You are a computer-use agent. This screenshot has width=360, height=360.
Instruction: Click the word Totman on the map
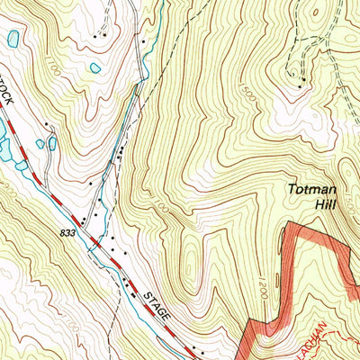310,190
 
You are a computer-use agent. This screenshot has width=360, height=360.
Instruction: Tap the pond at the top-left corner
13,38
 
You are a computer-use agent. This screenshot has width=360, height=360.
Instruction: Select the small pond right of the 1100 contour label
94,67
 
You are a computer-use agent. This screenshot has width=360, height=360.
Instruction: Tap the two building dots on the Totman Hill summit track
302,80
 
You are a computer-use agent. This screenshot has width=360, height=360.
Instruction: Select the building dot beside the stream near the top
141,40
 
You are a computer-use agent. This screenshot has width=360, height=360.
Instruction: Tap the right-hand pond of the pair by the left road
52,142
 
